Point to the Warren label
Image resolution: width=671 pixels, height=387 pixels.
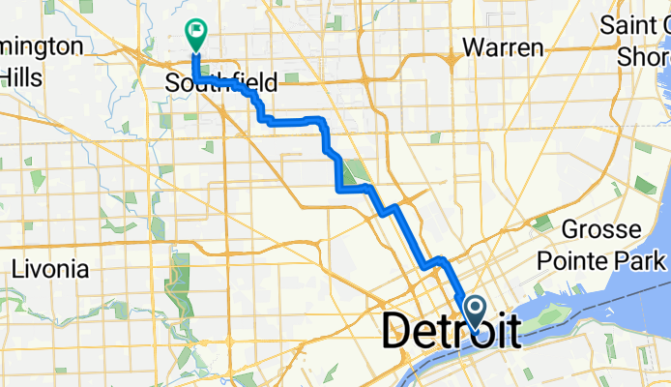pos(503,46)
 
